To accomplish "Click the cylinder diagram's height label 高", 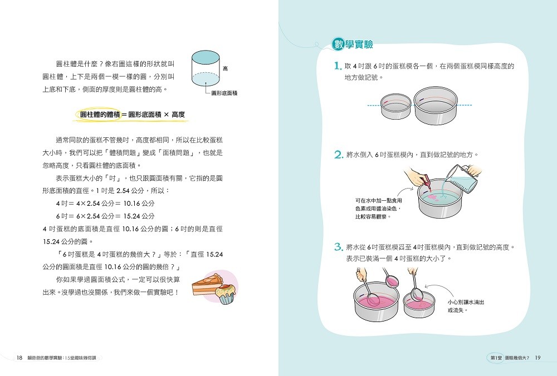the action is pyautogui.click(x=225, y=68).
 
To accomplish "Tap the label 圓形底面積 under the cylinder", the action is pyautogui.click(x=224, y=93).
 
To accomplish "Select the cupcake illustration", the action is pyautogui.click(x=225, y=293).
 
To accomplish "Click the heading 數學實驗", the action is pyautogui.click(x=352, y=44).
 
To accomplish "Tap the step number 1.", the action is pyautogui.click(x=338, y=66).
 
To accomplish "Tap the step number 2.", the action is pyautogui.click(x=339, y=155).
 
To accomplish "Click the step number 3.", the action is pyautogui.click(x=339, y=247).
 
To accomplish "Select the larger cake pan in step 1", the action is pyautogui.click(x=435, y=106).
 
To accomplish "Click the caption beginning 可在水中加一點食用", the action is pyautogui.click(x=379, y=208).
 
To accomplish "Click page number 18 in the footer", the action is pyautogui.click(x=19, y=358).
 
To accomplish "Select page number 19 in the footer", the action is pyautogui.click(x=538, y=358).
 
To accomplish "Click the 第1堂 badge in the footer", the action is pyautogui.click(x=496, y=358).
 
